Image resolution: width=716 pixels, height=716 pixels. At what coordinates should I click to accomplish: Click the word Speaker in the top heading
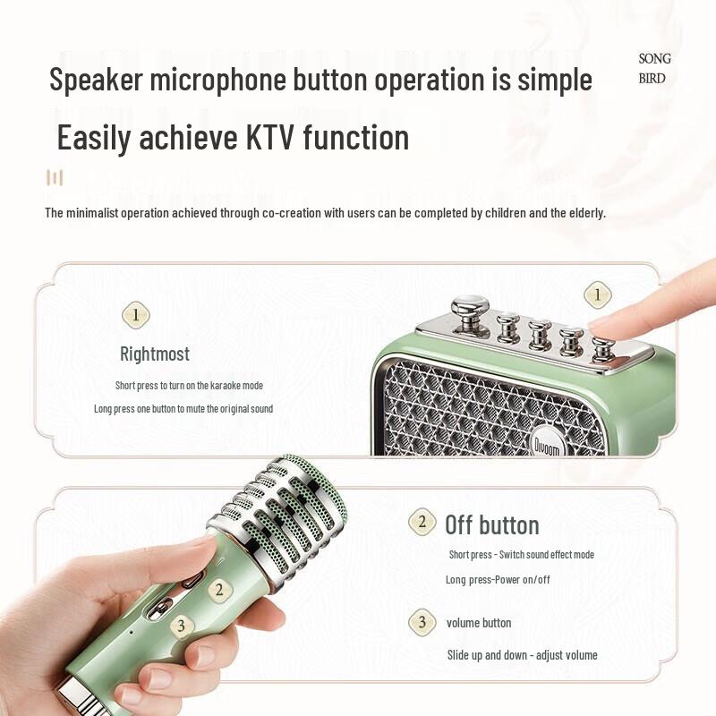(x=96, y=80)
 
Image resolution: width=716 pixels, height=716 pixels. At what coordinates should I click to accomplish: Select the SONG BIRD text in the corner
(x=653, y=68)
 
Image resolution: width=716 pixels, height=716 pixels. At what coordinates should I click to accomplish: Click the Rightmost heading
(x=155, y=354)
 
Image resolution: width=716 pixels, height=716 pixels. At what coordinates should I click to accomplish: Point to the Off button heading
(x=492, y=524)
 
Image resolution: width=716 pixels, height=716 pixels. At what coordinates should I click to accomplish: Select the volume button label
(x=479, y=622)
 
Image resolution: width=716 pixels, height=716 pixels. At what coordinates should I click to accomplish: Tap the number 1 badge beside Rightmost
(x=135, y=315)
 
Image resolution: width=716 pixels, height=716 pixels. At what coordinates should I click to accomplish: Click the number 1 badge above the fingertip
(x=597, y=294)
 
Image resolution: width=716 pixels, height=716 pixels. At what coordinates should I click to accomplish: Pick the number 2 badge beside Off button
(x=422, y=523)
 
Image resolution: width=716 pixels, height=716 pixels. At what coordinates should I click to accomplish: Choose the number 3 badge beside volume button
(x=422, y=622)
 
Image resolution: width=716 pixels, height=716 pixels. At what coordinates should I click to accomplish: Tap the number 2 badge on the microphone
(x=217, y=590)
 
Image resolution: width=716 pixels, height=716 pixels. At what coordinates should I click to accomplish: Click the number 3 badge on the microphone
(x=180, y=626)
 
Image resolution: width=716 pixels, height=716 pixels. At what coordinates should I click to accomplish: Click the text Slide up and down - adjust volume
(x=522, y=655)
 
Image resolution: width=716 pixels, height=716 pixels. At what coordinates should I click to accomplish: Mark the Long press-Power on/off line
(x=498, y=579)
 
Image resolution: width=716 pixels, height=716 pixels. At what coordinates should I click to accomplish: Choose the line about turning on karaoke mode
(x=189, y=385)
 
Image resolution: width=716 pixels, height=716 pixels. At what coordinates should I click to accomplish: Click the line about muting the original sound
(x=183, y=408)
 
